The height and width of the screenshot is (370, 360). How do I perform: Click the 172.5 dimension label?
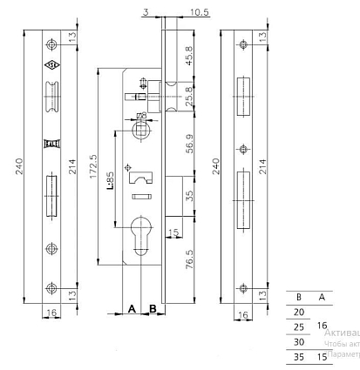coord(92,168)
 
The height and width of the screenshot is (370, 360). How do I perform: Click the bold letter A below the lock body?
coord(132,309)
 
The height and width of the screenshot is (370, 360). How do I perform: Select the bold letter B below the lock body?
coord(152,309)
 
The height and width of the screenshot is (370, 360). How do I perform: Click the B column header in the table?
coord(299,296)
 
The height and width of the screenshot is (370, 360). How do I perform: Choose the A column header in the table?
coord(322,296)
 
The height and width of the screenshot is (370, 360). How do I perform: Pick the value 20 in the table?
coord(299,311)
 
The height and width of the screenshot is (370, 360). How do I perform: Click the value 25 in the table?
coord(299,326)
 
